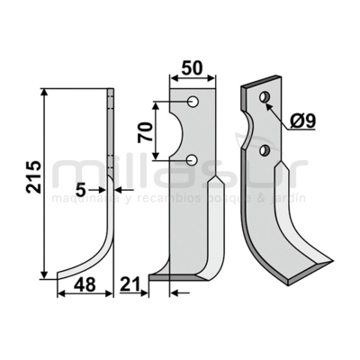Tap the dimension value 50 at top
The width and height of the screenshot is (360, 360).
191,68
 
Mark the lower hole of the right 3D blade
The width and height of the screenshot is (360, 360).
264,148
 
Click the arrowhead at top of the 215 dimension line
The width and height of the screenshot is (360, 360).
42,91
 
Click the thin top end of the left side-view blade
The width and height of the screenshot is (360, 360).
112,94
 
